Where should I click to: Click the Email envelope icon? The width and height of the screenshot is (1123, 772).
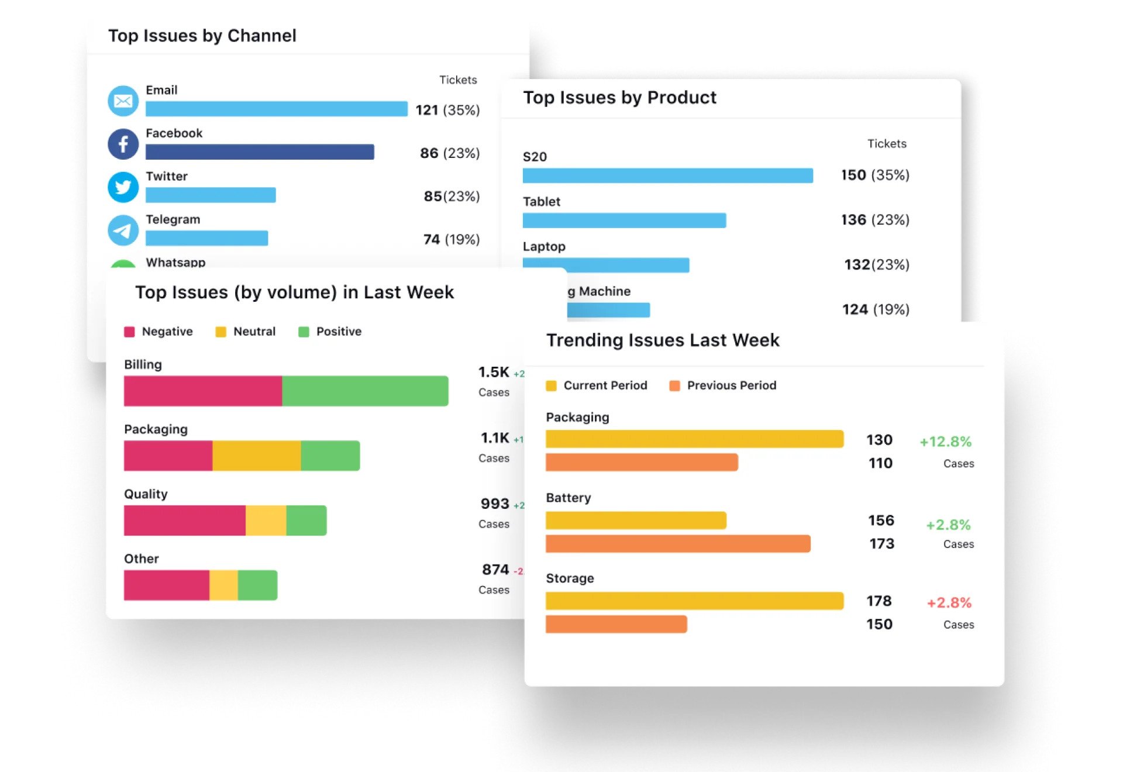(123, 101)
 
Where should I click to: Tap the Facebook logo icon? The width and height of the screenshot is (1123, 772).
(123, 144)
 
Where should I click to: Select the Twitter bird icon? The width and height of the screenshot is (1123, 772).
(123, 187)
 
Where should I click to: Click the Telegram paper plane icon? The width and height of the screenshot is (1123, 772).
(123, 230)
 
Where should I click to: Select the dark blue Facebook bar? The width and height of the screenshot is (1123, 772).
(260, 152)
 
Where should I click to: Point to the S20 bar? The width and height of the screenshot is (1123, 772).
(667, 175)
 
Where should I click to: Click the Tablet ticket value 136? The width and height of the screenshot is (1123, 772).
(853, 220)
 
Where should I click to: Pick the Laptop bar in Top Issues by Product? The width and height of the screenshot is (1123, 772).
(606, 265)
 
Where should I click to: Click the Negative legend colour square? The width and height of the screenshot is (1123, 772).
(130, 332)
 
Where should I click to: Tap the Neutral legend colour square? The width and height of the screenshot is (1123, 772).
(221, 332)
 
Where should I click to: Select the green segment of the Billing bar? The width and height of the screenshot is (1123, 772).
(365, 391)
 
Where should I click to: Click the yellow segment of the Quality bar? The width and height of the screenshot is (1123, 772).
(266, 521)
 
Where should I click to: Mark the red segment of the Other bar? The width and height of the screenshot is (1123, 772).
(167, 585)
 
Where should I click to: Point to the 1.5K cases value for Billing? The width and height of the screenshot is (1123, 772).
(494, 373)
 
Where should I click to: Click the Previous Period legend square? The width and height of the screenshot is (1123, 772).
(674, 386)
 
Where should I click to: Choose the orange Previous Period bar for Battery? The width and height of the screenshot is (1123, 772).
(678, 544)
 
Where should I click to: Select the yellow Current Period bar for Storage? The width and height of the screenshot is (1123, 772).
(694, 601)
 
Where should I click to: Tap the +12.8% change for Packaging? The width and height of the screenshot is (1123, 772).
(945, 442)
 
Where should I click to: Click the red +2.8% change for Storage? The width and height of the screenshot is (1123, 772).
(949, 603)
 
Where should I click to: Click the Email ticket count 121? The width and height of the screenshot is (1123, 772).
(427, 110)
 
